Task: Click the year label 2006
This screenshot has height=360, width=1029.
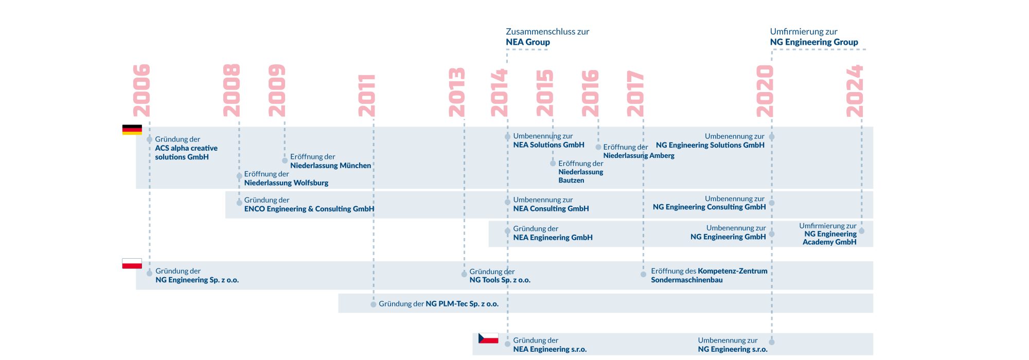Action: (141, 91)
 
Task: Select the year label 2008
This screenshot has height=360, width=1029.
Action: (232, 91)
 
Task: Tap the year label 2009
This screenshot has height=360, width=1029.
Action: (277, 91)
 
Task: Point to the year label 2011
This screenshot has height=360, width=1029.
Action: (367, 96)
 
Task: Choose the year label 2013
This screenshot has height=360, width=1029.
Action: (457, 92)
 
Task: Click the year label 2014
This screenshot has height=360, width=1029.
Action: (499, 93)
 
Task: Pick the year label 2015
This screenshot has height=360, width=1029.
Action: (544, 93)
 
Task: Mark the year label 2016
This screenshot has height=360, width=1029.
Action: (590, 93)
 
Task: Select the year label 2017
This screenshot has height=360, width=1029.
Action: (635, 94)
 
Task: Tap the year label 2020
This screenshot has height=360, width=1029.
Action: (765, 91)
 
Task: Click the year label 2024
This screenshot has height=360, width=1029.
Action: (855, 91)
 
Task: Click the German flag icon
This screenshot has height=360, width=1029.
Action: (132, 130)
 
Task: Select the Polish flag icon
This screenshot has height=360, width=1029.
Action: (132, 263)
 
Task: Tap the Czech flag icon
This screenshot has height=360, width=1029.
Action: (488, 338)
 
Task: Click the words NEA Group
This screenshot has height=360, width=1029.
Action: (528, 42)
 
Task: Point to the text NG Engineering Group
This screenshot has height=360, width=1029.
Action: (814, 42)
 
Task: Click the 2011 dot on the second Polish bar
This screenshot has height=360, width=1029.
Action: (374, 304)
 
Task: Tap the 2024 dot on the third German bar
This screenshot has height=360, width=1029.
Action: (862, 231)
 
